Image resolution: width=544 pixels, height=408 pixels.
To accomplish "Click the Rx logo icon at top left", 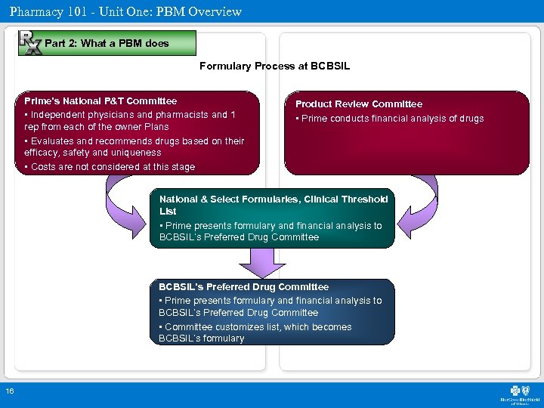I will click(29, 42).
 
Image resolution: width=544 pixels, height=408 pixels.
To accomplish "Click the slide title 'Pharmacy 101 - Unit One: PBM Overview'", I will click(125, 11).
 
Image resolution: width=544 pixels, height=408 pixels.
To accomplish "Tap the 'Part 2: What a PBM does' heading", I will click(107, 44).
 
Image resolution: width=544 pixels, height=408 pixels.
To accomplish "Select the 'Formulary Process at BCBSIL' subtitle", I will click(274, 66).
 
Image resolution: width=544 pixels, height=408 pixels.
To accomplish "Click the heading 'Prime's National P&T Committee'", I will click(100, 101).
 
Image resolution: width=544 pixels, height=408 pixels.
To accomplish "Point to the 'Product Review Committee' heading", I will click(359, 104).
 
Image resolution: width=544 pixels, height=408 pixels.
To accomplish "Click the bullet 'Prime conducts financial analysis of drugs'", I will click(390, 119).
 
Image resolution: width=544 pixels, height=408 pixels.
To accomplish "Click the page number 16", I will click(9, 391).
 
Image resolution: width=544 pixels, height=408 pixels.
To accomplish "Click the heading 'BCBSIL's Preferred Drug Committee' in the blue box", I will click(244, 287).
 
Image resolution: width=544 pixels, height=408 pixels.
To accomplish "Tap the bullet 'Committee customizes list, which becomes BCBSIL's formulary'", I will click(255, 333).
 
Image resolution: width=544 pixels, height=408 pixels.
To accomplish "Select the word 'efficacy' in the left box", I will click(42, 153).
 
